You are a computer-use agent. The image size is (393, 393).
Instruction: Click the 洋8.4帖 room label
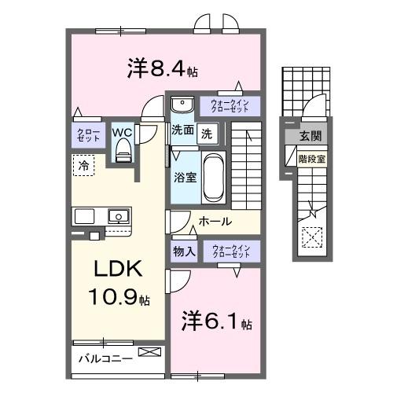(x=162, y=68)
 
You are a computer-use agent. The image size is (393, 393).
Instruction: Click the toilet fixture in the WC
(x=123, y=154)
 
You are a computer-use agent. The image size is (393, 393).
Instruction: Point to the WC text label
(x=122, y=133)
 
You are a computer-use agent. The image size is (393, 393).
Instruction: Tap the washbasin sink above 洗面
(x=182, y=105)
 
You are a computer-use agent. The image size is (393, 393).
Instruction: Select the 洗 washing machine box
(x=205, y=133)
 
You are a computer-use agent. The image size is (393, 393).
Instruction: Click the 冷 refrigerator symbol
(x=83, y=165)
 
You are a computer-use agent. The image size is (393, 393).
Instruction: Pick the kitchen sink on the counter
(x=119, y=214)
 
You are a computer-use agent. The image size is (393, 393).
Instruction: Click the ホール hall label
(x=215, y=222)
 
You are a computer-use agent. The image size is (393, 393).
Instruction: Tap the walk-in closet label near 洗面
(x=229, y=105)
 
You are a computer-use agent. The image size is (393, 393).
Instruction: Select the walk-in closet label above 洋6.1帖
(x=230, y=252)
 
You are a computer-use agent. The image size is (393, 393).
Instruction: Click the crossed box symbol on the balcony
(x=148, y=353)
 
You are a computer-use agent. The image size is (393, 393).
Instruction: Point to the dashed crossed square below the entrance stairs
(x=312, y=235)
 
